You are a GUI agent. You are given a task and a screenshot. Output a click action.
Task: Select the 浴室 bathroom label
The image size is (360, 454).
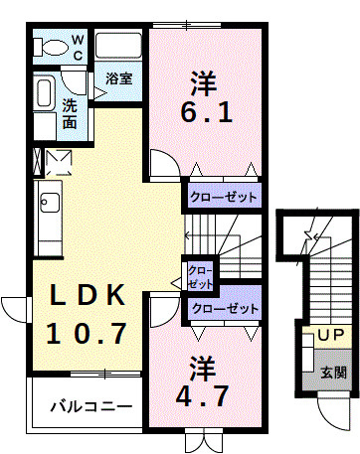tap(119, 77)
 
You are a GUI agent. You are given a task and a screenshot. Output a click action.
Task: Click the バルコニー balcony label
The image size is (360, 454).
tap(90, 406)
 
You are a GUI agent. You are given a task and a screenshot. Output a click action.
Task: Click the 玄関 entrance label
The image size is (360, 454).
tap(332, 374)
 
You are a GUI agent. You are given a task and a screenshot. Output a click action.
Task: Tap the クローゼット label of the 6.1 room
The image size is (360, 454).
tap(225, 197)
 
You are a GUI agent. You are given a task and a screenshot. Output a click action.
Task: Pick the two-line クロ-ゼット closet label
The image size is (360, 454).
tap(200, 276)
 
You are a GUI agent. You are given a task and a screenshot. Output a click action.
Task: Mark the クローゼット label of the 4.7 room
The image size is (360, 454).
tap(225, 309)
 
